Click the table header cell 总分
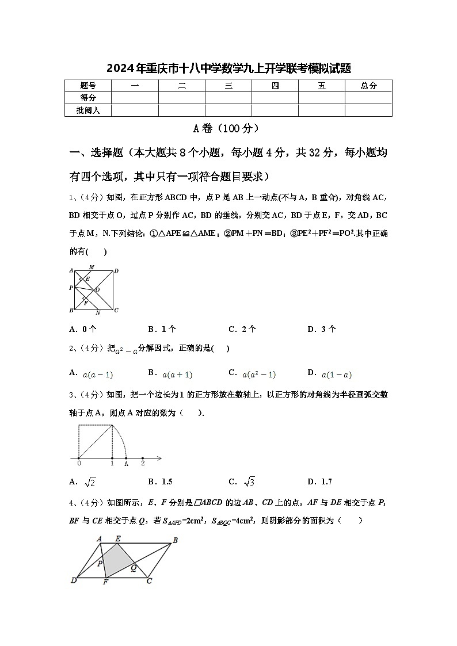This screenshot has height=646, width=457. coord(368,86)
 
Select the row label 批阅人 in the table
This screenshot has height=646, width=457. coord(88,110)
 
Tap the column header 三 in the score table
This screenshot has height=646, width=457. coord(228,86)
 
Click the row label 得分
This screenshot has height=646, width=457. coord(88,98)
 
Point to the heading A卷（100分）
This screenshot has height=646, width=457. coord(228,128)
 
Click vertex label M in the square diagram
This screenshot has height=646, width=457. coord(92,267)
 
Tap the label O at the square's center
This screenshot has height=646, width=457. coord(97,289)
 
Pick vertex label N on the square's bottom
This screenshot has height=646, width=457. coord(98,312)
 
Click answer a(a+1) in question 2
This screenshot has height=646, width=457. coord(177,374)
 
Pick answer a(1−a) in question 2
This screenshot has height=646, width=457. coord(337,374)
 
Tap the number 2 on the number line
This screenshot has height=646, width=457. coord(143,464)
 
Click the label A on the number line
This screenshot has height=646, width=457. coord(126,464)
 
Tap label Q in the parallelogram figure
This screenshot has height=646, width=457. coord(134,567)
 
